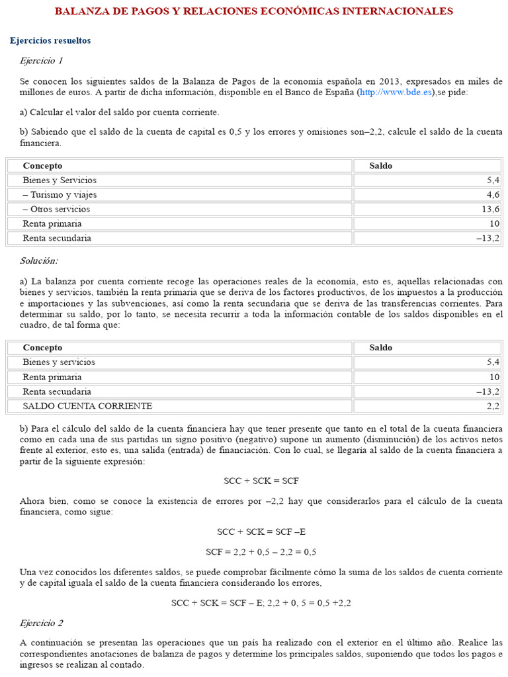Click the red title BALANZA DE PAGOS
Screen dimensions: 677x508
253,11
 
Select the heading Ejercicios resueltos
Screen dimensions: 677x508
50,41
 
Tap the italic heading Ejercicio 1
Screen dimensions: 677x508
41,61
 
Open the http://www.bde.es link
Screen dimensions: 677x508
396,93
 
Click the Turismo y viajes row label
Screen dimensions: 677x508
60,194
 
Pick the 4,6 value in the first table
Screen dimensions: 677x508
493,194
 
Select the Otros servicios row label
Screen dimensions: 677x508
56,209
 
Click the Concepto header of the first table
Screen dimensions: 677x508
42,165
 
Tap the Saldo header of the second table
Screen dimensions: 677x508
380,348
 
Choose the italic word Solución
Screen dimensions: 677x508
38,261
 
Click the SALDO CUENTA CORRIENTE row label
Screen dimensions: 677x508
87,406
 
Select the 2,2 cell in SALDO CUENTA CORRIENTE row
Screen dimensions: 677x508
493,406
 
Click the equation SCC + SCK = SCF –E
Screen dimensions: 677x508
261,532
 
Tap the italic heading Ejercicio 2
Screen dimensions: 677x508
41,623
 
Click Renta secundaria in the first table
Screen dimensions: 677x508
57,238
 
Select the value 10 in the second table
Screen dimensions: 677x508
494,377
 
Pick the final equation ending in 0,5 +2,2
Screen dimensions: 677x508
261,603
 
